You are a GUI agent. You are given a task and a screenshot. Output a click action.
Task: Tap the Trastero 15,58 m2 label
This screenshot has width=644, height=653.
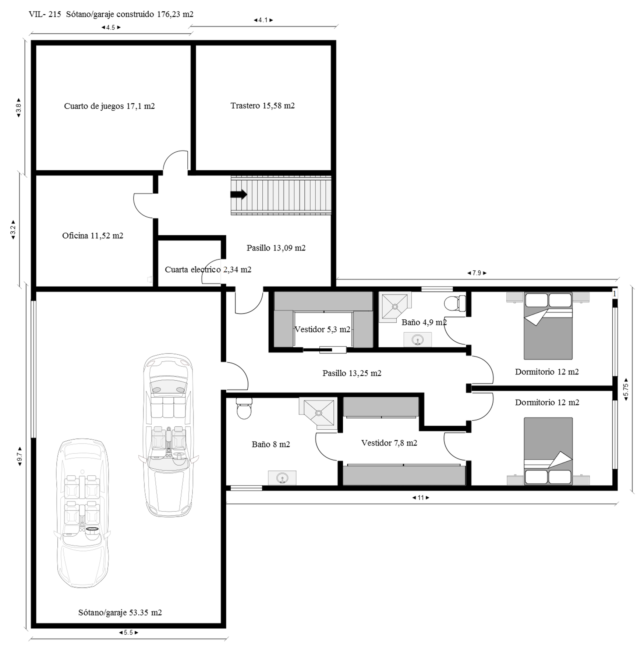[262, 106]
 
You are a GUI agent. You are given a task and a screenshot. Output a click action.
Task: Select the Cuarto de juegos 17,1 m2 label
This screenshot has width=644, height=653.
[109, 106]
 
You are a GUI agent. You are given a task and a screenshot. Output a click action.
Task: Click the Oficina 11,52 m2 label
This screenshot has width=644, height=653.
[93, 235]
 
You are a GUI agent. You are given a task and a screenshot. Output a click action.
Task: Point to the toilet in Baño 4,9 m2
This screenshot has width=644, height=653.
[455, 304]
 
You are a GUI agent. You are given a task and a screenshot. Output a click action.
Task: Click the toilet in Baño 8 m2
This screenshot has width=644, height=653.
[244, 408]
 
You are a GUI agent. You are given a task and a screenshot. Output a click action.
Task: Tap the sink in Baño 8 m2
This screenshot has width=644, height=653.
[282, 478]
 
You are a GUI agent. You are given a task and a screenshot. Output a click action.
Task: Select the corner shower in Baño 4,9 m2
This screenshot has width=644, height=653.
[395, 307]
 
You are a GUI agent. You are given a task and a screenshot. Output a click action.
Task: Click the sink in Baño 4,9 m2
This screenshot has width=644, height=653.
[418, 340]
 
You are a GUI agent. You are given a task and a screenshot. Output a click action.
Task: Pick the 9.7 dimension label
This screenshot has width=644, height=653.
[20, 457]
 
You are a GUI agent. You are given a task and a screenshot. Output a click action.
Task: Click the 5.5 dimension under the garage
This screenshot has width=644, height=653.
[128, 632]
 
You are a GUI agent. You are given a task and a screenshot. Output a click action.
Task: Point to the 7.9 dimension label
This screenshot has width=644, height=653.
[477, 273]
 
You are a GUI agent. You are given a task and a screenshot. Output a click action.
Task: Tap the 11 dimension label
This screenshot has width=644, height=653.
[421, 498]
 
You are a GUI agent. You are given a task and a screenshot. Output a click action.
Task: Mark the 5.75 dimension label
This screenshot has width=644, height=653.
[626, 389]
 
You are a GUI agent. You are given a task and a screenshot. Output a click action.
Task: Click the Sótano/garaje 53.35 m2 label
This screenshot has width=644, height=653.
[120, 613]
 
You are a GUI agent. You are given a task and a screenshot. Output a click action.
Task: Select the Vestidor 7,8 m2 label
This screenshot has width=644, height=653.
[389, 443]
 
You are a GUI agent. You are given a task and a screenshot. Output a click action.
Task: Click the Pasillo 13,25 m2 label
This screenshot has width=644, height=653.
[352, 373]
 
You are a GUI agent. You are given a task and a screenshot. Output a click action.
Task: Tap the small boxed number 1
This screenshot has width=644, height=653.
[614, 294]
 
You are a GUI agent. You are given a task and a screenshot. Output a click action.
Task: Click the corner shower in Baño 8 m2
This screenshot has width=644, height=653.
[318, 413]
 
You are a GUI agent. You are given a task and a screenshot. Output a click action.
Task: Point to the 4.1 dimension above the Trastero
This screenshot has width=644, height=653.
[263, 20]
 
